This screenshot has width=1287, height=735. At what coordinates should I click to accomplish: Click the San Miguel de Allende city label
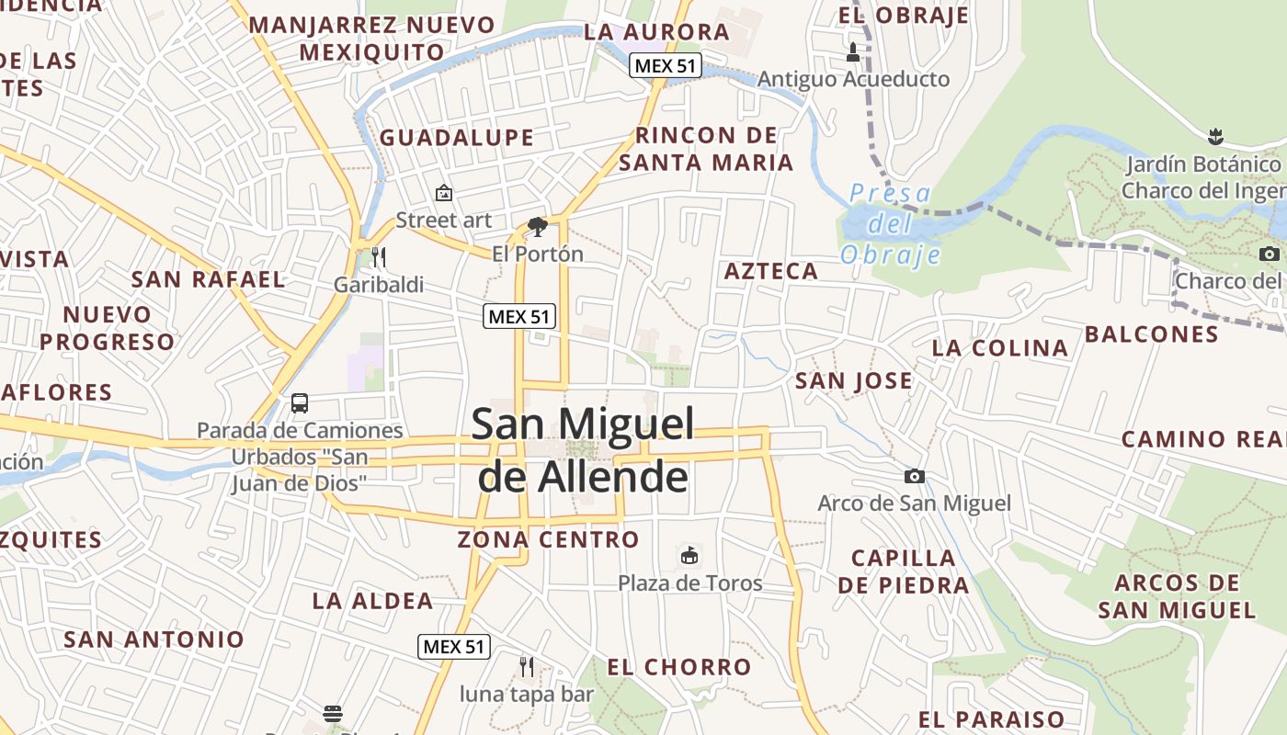pyautogui.click(x=583, y=450)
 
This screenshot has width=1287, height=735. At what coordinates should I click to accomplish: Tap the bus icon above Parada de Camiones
pyautogui.click(x=300, y=402)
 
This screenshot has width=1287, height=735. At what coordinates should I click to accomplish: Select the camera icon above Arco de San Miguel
pyautogui.click(x=914, y=476)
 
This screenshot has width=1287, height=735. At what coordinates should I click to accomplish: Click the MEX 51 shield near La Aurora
pyautogui.click(x=666, y=65)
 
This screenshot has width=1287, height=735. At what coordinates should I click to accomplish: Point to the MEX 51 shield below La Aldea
pyautogui.click(x=454, y=646)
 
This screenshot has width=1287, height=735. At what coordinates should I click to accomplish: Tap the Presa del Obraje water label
pyautogui.click(x=890, y=224)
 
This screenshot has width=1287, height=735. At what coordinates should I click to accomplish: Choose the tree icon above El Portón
pyautogui.click(x=538, y=226)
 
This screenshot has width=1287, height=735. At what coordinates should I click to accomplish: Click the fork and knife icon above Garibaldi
pyautogui.click(x=379, y=256)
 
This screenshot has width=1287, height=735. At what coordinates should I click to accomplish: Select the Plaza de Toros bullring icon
pyautogui.click(x=689, y=555)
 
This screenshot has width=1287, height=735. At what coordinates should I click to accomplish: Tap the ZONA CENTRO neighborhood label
pyautogui.click(x=549, y=539)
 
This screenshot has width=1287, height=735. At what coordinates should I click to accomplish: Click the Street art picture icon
pyautogui.click(x=444, y=193)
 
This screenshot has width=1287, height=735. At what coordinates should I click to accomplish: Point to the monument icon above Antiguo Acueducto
pyautogui.click(x=853, y=52)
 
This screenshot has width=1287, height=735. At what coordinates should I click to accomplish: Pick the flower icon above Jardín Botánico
pyautogui.click(x=1215, y=138)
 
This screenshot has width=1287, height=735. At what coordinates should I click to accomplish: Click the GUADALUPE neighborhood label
pyautogui.click(x=456, y=138)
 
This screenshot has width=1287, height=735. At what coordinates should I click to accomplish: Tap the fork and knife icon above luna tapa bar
pyautogui.click(x=527, y=666)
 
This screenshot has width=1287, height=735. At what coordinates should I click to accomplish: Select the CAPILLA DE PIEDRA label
pyautogui.click(x=904, y=571)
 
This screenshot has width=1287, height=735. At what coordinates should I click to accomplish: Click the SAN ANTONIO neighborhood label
pyautogui.click(x=154, y=639)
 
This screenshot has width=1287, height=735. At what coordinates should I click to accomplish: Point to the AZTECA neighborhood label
pyautogui.click(x=771, y=271)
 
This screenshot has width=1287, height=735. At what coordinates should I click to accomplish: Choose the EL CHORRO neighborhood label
pyautogui.click(x=679, y=667)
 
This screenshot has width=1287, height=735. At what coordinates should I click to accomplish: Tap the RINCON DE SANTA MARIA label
pyautogui.click(x=706, y=149)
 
